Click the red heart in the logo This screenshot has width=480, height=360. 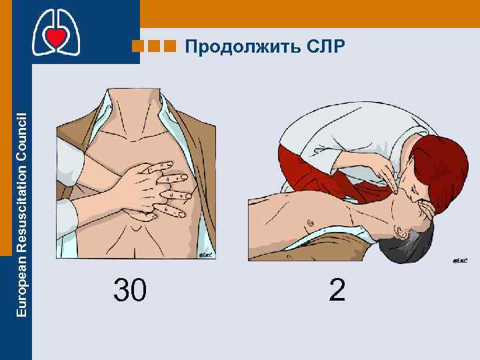coord(57,38)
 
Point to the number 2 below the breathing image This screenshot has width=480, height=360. coord(337,291)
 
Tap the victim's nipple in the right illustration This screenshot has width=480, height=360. coord(309,221)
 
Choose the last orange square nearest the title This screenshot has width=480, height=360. coord(170,47)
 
